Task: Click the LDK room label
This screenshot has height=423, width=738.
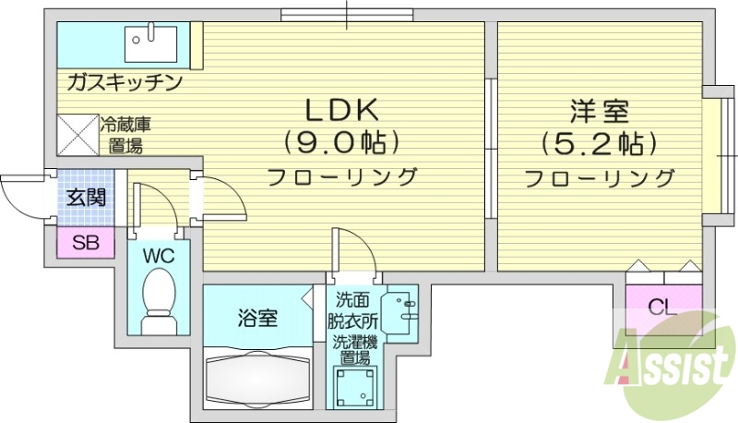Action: [342, 110]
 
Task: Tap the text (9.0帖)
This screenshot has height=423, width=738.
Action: [342, 142]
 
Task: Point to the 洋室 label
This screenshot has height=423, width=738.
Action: [600, 112]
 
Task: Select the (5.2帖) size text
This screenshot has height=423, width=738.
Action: [600, 144]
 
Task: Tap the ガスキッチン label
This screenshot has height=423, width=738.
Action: [124, 83]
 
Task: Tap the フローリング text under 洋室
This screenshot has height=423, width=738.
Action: [600, 177]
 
